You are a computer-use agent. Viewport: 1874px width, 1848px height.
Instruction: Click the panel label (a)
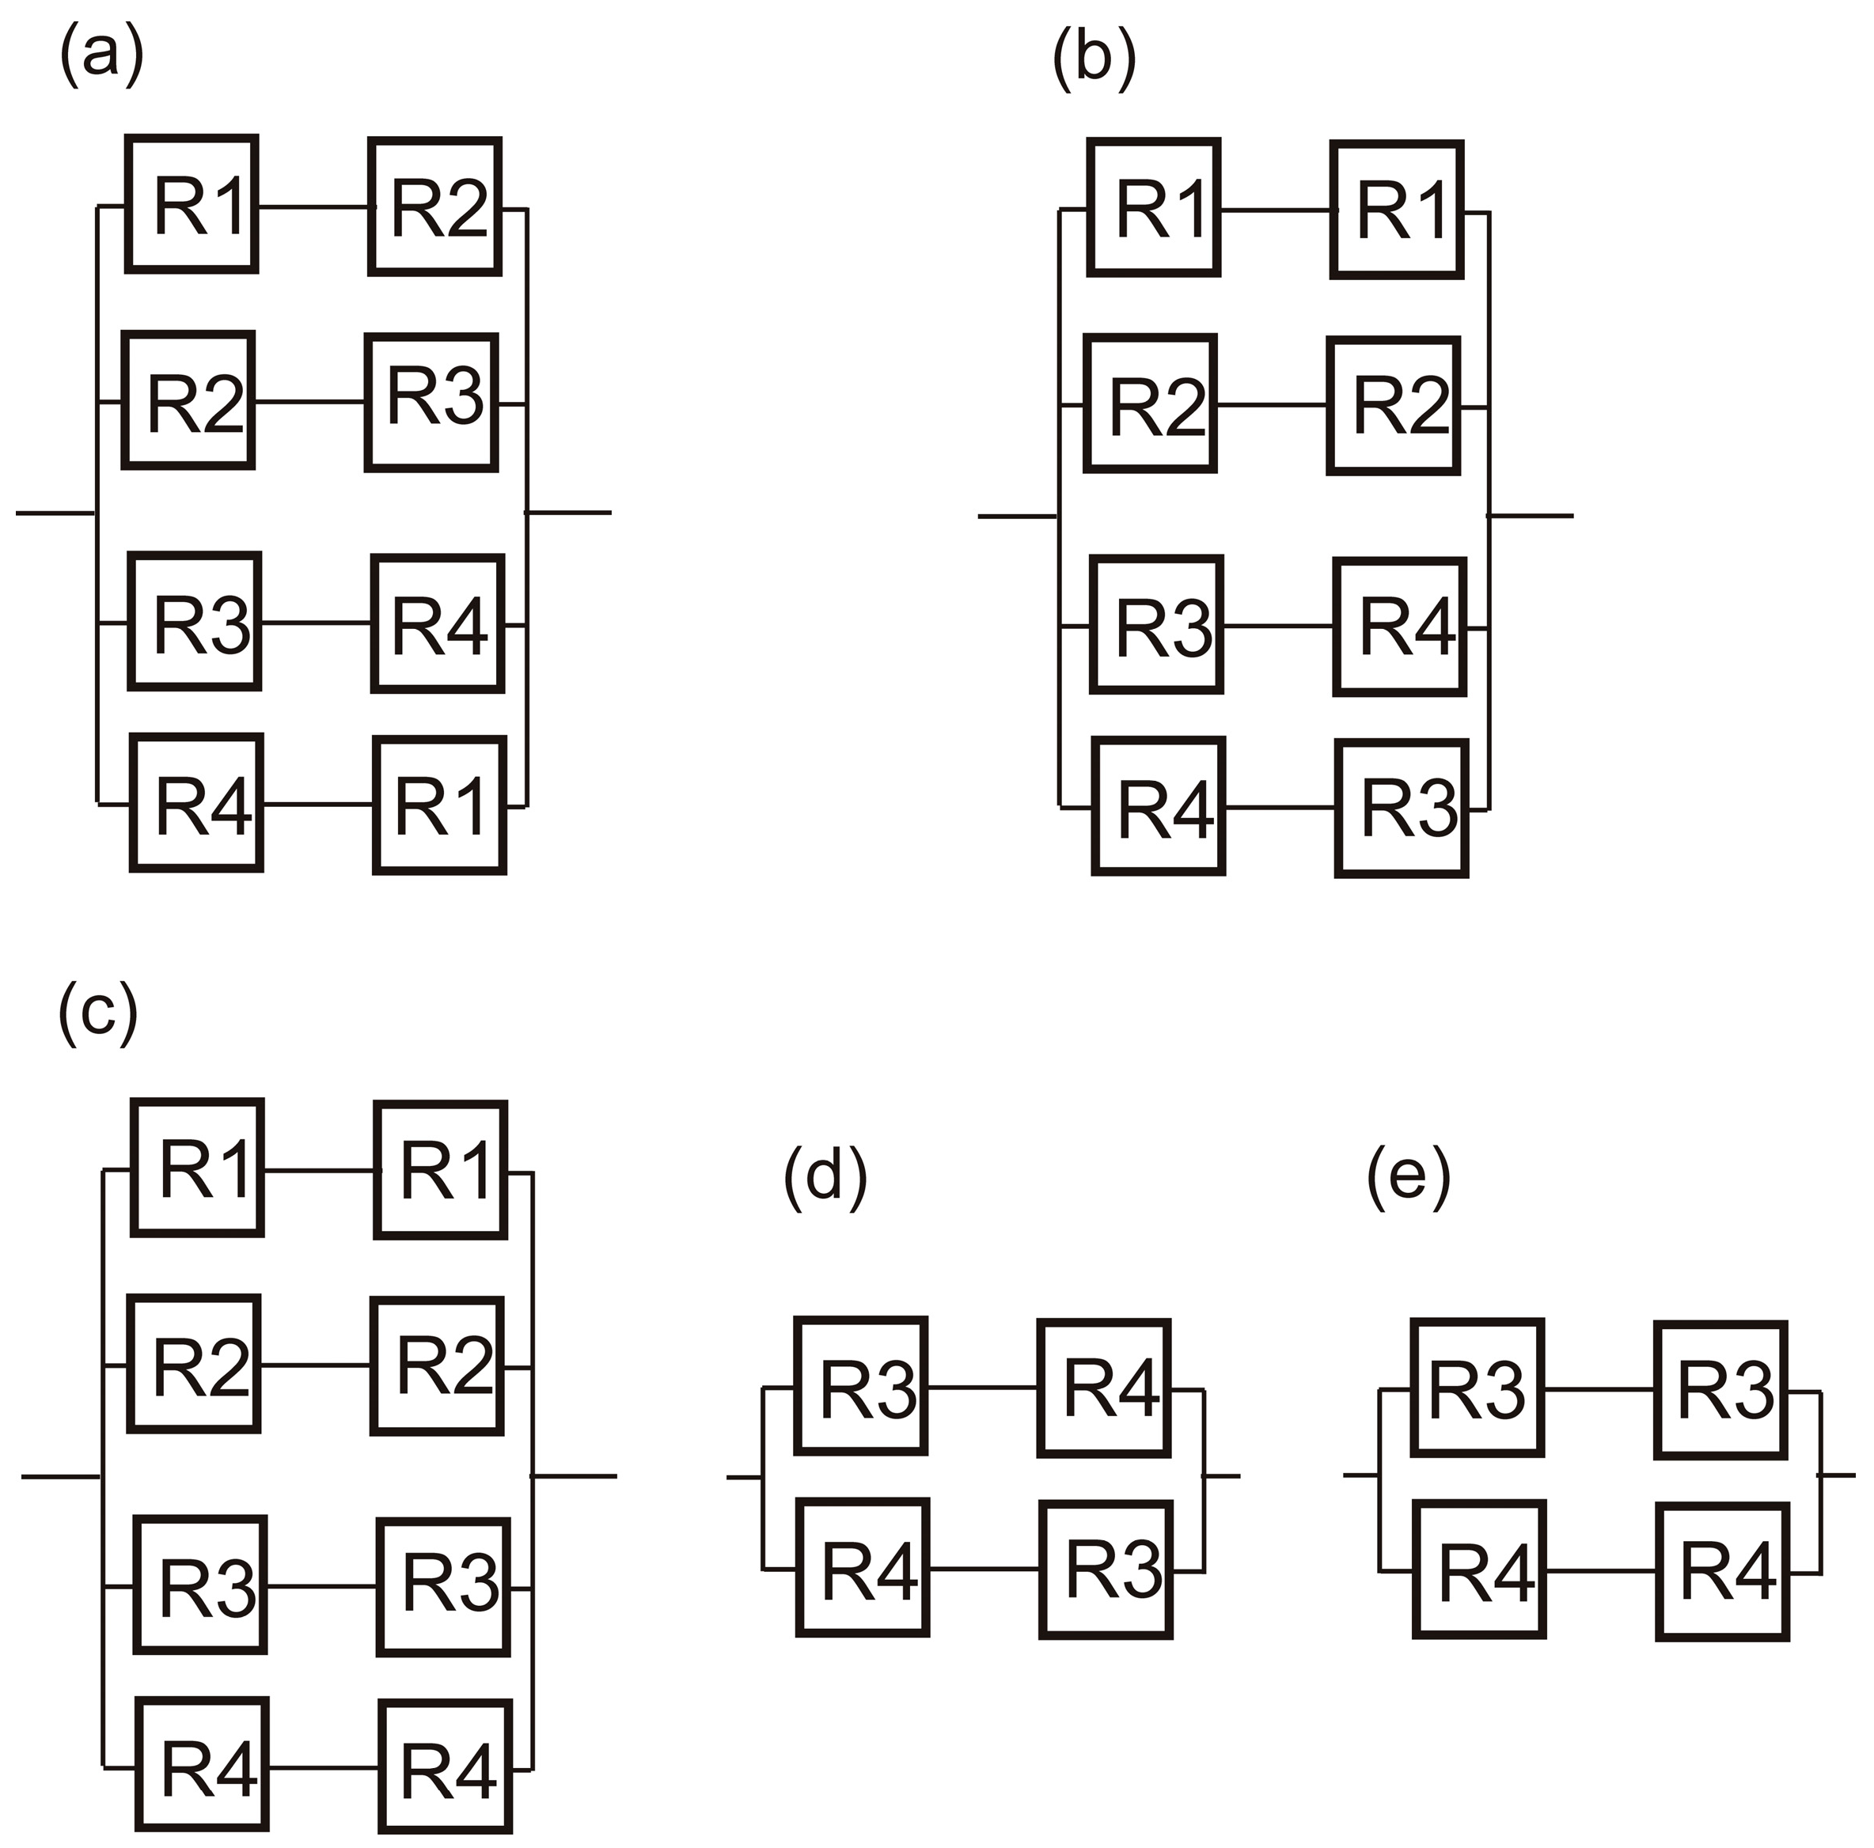(x=102, y=55)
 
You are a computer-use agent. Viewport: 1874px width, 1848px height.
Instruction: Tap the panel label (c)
(x=99, y=1013)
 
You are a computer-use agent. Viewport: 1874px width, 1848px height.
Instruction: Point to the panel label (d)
(x=825, y=1176)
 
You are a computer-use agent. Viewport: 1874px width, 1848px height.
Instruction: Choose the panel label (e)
(x=1409, y=1176)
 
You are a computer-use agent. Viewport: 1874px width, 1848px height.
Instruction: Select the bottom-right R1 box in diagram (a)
(x=439, y=805)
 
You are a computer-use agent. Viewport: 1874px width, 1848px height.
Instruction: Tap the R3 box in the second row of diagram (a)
(x=431, y=403)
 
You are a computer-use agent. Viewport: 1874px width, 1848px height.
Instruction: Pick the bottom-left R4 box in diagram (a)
(x=197, y=803)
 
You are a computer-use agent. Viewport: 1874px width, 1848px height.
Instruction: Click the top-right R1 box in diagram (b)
(x=1397, y=210)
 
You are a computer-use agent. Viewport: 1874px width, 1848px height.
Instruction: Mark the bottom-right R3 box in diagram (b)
(x=1402, y=808)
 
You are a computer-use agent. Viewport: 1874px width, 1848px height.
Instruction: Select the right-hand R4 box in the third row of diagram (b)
(x=1400, y=627)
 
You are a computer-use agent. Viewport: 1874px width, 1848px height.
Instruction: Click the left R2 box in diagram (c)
(x=194, y=1363)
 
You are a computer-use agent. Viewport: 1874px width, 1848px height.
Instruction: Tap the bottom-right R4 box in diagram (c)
(x=446, y=1766)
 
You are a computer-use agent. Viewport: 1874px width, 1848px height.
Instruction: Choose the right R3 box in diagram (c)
(x=443, y=1587)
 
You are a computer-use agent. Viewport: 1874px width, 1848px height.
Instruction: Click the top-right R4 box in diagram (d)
(x=1104, y=1388)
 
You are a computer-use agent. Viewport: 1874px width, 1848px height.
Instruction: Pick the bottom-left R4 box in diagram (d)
(x=863, y=1568)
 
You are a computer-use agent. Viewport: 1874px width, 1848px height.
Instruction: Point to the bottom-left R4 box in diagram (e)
(x=1479, y=1570)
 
